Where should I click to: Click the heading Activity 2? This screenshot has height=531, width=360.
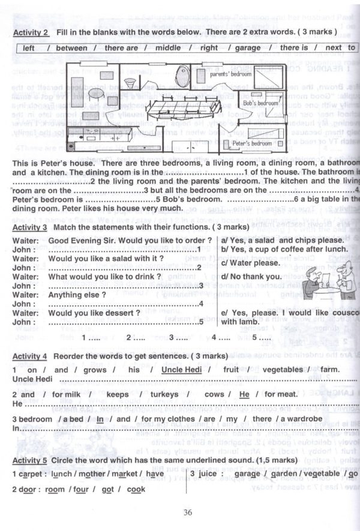point(30,31)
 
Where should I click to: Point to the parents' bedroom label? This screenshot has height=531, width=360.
point(229,74)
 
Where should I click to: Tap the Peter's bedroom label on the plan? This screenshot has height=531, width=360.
point(253,144)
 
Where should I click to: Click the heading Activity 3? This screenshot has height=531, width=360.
point(30,227)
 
